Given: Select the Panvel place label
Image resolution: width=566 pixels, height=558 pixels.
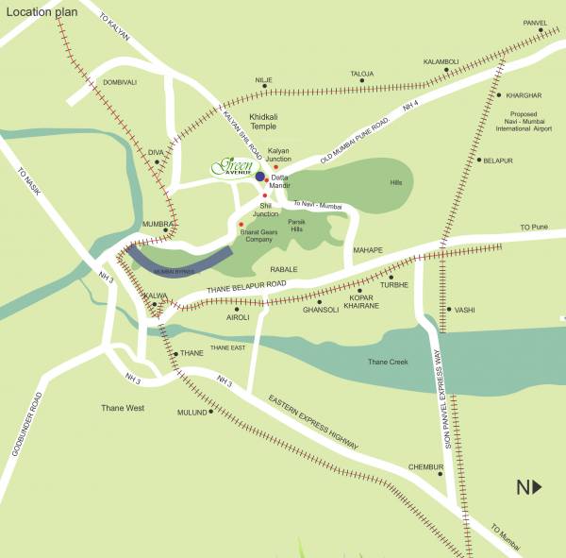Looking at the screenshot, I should (534, 22).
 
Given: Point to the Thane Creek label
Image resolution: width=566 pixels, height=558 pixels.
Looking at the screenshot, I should (388, 362).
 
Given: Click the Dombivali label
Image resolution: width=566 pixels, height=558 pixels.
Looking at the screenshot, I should (120, 82).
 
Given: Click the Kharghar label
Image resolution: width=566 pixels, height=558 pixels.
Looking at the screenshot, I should (524, 95).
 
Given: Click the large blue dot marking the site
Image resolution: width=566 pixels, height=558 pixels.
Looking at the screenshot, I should (260, 177).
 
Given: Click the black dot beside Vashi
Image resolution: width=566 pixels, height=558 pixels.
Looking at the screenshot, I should (448, 309).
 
